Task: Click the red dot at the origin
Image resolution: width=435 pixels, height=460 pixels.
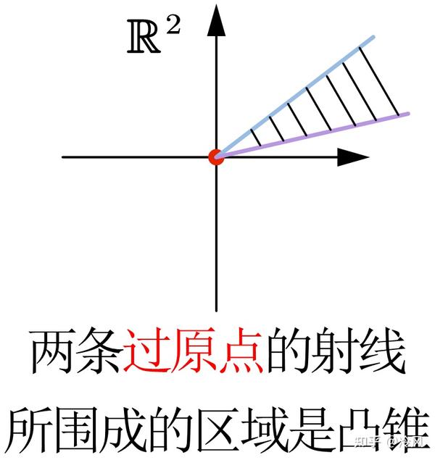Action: [215, 156]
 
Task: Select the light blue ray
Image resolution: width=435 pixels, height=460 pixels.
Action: [304, 88]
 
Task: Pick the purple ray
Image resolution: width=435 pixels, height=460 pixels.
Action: [319, 134]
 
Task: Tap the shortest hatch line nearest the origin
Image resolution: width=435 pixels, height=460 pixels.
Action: [255, 137]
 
